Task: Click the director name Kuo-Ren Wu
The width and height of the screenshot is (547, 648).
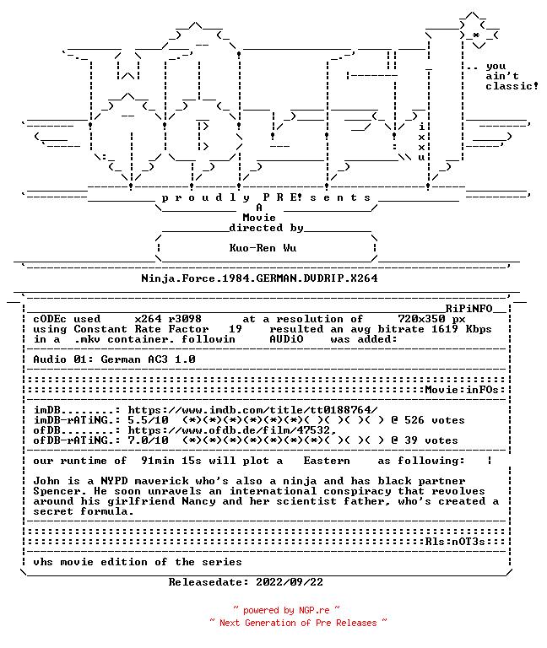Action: point(263,248)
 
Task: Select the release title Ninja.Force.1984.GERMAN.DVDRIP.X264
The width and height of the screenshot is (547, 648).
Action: point(259,278)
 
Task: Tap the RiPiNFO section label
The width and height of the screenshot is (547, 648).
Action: point(468,309)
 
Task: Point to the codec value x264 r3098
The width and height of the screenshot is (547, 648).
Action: point(168,319)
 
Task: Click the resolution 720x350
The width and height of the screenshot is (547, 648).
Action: point(421,319)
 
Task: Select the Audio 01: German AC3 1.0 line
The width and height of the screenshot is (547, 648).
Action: point(114,359)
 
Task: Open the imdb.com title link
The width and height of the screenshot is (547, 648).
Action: point(252,410)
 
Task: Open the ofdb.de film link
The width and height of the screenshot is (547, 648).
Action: point(232,430)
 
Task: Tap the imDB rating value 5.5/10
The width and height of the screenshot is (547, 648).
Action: point(148,420)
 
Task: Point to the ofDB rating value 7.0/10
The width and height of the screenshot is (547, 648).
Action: point(148,440)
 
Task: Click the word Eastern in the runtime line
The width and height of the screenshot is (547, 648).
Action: point(327,461)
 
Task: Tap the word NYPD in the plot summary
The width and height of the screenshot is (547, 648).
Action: point(114,481)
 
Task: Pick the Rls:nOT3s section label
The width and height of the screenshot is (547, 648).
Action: point(455,542)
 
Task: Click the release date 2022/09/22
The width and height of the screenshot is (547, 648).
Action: point(290,582)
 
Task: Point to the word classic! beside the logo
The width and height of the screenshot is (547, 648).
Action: point(512,86)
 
